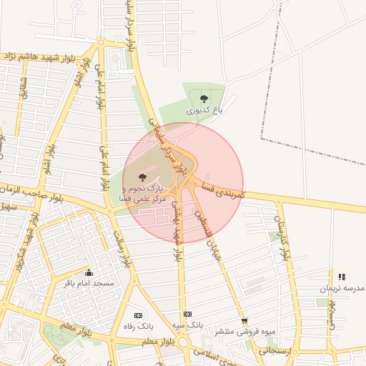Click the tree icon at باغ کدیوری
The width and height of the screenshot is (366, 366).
[x=204, y=99]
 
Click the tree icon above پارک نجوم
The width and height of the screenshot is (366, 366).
[x=140, y=176]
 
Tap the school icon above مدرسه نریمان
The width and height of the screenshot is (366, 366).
[x=342, y=277]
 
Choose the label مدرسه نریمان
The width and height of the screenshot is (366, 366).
[x=342, y=287]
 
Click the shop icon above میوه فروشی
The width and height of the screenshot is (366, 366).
[x=244, y=321]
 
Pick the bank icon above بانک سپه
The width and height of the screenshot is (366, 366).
[x=187, y=314]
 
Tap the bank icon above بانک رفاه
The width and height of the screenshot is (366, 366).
[x=138, y=315]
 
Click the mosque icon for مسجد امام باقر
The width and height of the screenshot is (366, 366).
[x=89, y=272]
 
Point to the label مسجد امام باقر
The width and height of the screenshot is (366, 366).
[x=90, y=283]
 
